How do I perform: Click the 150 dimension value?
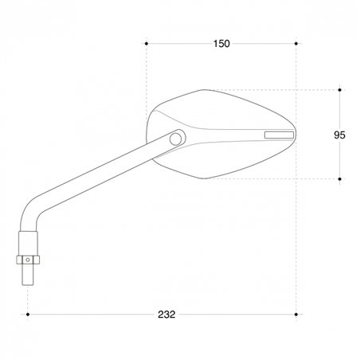coord(221,44)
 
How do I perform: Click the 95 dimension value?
coord(339,135)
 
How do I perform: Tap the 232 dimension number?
coord(166,315)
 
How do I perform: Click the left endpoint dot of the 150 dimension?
coord(147,44)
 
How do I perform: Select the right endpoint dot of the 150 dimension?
coord(296,44)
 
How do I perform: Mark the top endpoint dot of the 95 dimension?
coord(340,90)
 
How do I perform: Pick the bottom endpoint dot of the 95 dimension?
coord(340,179)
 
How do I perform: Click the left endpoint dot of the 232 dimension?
coord(28,315)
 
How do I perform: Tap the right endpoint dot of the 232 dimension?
coord(296,315)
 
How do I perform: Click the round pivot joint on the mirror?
coord(175,139)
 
